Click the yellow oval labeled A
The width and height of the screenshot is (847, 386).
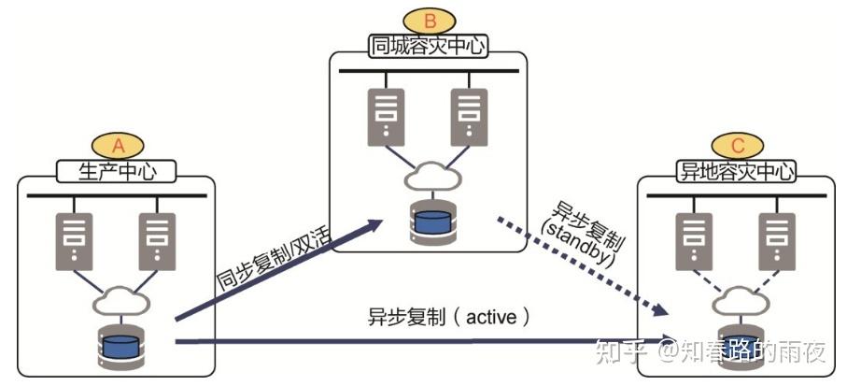click(x=118, y=146)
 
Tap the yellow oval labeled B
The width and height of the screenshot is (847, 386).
click(x=427, y=20)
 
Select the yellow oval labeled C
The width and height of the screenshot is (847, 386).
click(x=737, y=145)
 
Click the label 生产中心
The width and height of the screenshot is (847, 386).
click(x=118, y=171)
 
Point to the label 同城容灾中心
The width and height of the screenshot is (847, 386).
click(x=427, y=46)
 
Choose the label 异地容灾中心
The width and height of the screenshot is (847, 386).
click(x=737, y=171)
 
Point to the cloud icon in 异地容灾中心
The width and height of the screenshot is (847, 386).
click(x=736, y=300)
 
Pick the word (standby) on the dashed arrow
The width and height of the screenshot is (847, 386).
click(x=571, y=245)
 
